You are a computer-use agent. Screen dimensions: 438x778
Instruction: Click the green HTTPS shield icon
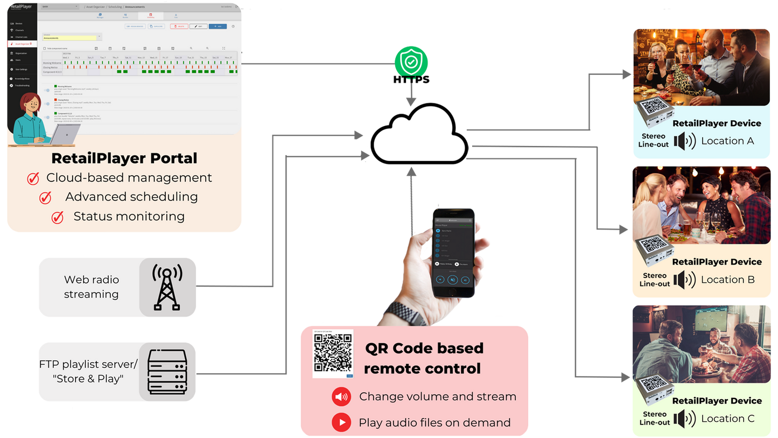pyautogui.click(x=411, y=60)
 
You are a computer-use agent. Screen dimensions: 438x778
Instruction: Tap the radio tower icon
pyautogui.click(x=167, y=287)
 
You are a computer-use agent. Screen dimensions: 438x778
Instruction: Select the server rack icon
pyautogui.click(x=167, y=371)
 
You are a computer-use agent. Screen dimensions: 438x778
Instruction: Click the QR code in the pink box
pyautogui.click(x=333, y=353)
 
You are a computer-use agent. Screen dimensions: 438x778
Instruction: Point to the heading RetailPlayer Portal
pyautogui.click(x=124, y=158)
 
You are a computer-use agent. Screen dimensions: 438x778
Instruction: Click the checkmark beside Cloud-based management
pyautogui.click(x=33, y=178)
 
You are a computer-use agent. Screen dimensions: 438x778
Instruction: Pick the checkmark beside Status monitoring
pyautogui.click(x=57, y=217)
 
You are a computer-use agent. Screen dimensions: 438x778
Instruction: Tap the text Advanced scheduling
pyautogui.click(x=131, y=197)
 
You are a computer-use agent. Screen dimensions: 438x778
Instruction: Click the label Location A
pyautogui.click(x=727, y=141)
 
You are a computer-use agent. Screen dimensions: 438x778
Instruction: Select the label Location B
pyautogui.click(x=727, y=280)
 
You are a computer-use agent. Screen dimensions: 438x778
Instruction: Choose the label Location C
pyautogui.click(x=727, y=419)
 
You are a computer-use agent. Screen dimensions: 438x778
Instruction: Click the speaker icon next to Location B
pyautogui.click(x=685, y=280)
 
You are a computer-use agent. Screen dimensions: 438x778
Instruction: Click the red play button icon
pyautogui.click(x=341, y=422)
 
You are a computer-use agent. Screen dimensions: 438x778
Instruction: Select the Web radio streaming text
pyautogui.click(x=92, y=287)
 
